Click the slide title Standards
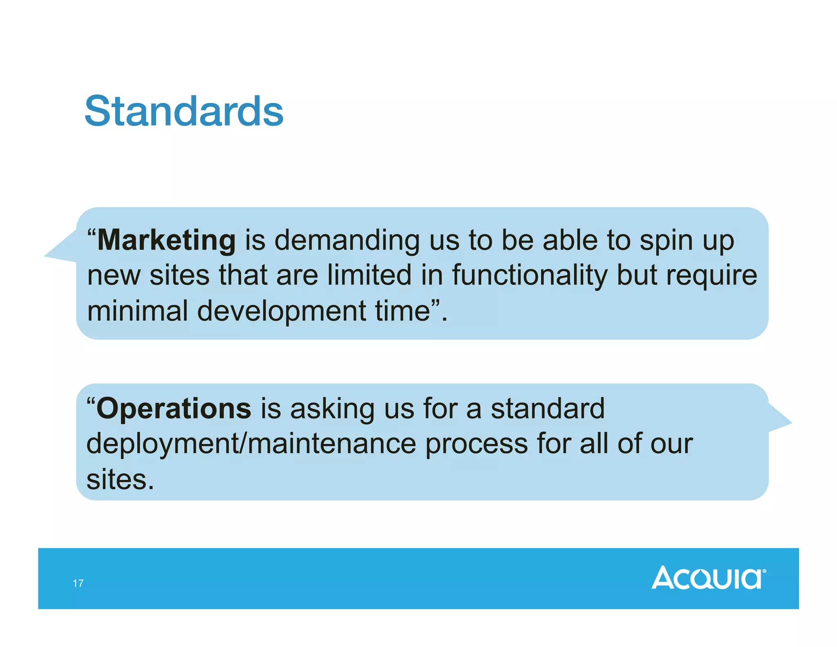(184, 111)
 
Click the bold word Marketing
(166, 240)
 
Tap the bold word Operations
(174, 409)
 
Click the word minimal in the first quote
(137, 311)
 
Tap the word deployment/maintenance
(251, 444)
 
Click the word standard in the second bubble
(547, 409)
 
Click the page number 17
(78, 583)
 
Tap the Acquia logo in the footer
(708, 577)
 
